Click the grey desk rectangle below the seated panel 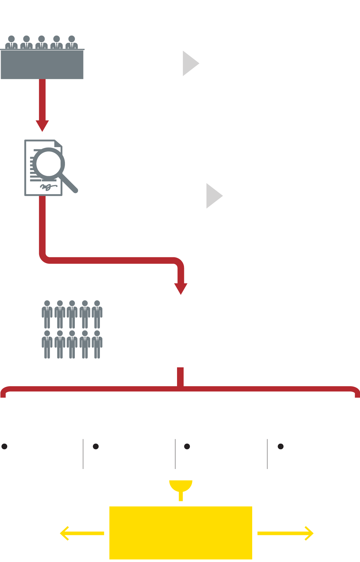[42, 65]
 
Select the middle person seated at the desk [42, 43]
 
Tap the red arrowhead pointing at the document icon [42, 126]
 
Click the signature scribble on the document [48, 187]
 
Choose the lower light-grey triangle [214, 196]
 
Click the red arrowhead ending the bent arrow [181, 288]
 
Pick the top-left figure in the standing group [47, 314]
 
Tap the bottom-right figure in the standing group [97, 344]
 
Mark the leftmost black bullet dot [5, 446]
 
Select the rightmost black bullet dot [281, 446]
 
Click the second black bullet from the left [96, 446]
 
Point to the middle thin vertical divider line [175, 454]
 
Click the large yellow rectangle [181, 533]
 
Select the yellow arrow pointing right [285, 533]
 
